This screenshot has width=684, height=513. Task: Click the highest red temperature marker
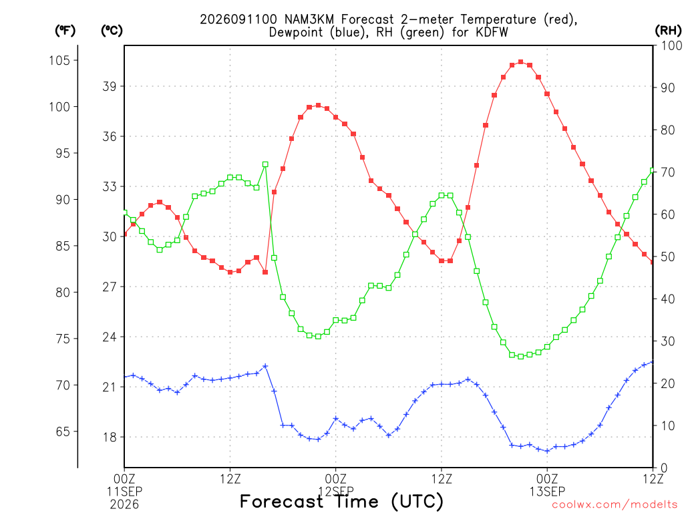(x=521, y=62)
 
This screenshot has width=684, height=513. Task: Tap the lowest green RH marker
(x=521, y=357)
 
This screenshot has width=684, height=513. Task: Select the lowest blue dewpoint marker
(x=548, y=451)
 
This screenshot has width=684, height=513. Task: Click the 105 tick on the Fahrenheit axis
(x=59, y=60)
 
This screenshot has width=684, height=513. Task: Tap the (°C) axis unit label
(x=112, y=31)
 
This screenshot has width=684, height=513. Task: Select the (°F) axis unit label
(x=65, y=31)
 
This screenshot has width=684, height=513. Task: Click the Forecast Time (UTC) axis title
(x=341, y=502)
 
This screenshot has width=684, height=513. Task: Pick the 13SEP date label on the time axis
(x=548, y=492)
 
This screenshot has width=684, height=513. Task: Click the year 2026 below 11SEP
(x=124, y=505)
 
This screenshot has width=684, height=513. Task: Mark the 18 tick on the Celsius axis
(x=110, y=437)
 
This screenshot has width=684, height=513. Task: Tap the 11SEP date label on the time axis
(x=124, y=492)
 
